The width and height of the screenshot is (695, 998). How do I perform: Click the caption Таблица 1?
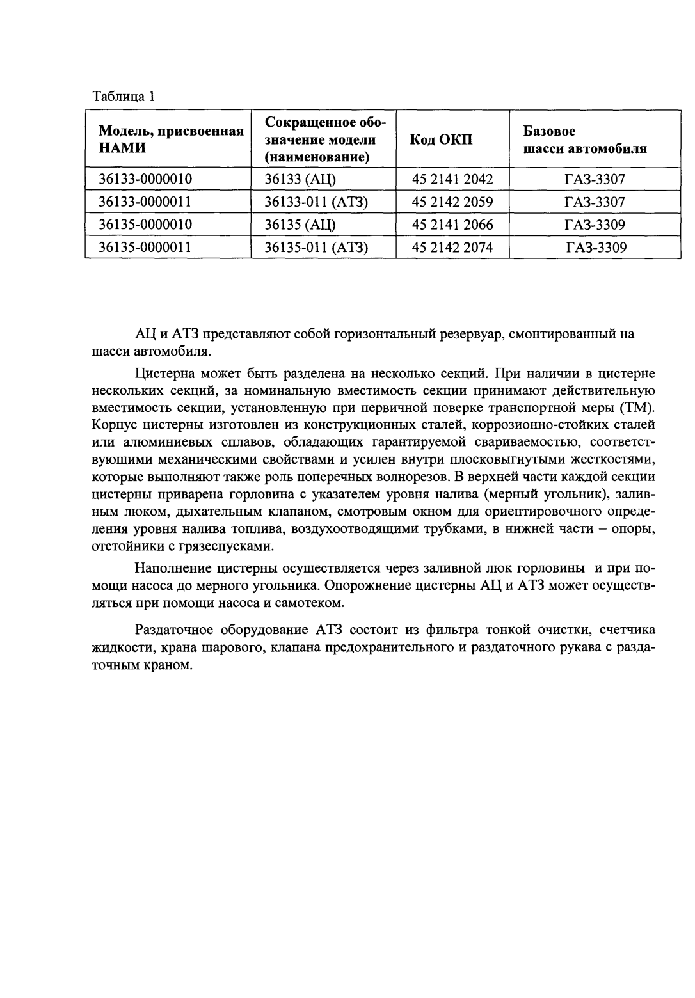coord(124,97)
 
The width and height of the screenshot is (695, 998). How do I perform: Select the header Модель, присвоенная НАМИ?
coord(171,139)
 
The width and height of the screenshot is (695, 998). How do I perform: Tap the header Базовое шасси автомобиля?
coord(584,139)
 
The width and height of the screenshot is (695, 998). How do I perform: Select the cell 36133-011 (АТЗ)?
coord(316,202)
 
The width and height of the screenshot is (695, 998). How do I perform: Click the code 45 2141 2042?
coord(452,179)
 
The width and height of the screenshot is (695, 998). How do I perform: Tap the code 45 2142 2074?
coord(452,247)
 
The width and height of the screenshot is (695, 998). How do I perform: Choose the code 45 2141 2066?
coord(452,225)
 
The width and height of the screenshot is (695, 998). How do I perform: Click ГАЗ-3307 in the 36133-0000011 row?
coord(595,202)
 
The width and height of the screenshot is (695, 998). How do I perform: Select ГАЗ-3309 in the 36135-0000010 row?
coord(595,225)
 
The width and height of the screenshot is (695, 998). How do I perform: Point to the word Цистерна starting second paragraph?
coord(163,373)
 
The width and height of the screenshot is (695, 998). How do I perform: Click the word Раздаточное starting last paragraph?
coord(173,630)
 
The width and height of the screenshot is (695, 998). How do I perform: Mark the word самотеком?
coord(312,603)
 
